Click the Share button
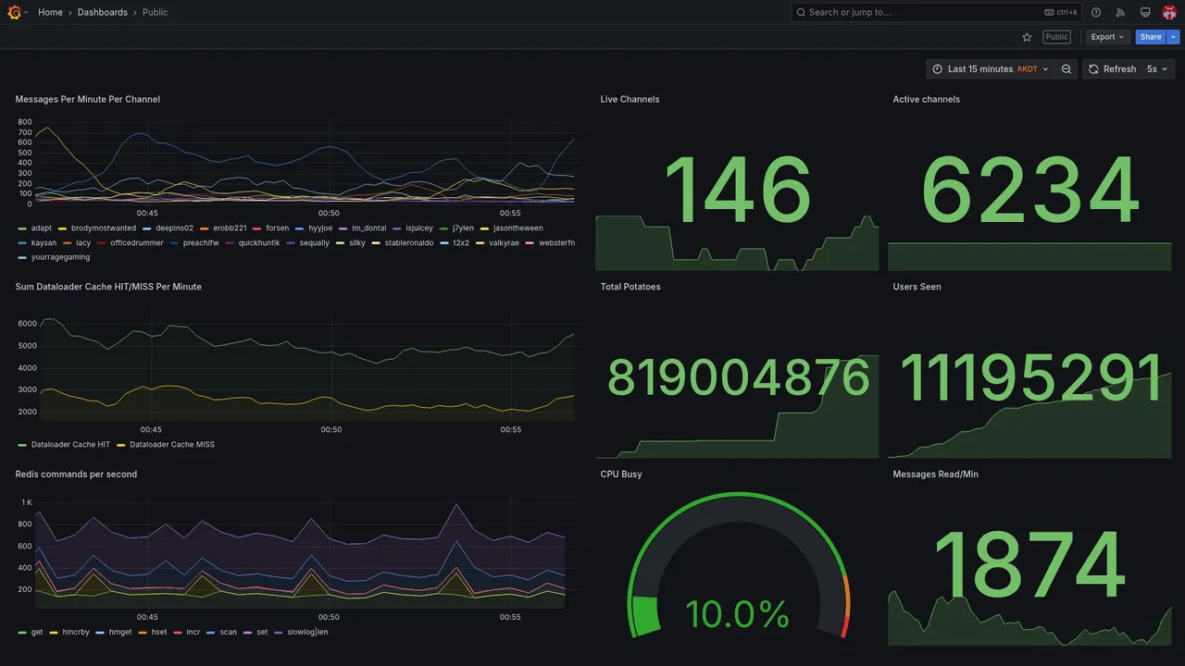coord(1150,37)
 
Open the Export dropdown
coord(1107,37)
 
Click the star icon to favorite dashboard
coord(1027,37)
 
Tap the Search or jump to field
coord(917,12)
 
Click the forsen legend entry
coord(277,228)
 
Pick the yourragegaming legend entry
coord(60,257)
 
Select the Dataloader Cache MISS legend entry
coord(171,445)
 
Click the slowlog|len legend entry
coord(307,633)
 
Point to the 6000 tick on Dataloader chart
coord(27,324)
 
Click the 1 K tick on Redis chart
coord(27,502)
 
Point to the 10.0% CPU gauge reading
coord(737,614)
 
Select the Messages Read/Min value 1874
coord(1029,566)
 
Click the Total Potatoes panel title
coord(630,287)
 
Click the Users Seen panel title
coord(917,287)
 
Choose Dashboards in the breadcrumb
coord(102,12)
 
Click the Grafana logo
coord(14,12)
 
